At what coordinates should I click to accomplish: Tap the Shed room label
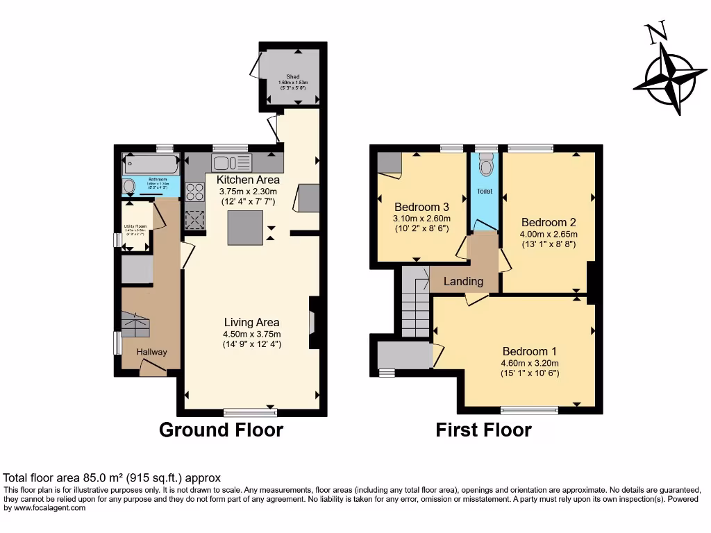click(292, 77)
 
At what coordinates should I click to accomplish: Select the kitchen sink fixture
click(232, 163)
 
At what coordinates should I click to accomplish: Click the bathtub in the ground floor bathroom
click(151, 164)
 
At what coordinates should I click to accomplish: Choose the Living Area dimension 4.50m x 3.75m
click(251, 334)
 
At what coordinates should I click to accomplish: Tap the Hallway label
click(151, 352)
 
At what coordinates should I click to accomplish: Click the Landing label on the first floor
click(463, 281)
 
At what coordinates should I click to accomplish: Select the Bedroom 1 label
click(529, 351)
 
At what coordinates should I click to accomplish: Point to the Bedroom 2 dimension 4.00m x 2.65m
click(549, 235)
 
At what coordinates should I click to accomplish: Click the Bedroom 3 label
click(421, 207)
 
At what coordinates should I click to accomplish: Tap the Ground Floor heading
click(221, 430)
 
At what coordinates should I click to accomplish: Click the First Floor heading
click(483, 430)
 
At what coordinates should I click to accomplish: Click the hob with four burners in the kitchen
click(195, 191)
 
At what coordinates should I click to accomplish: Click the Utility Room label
click(135, 226)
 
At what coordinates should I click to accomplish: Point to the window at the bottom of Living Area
click(250, 413)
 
